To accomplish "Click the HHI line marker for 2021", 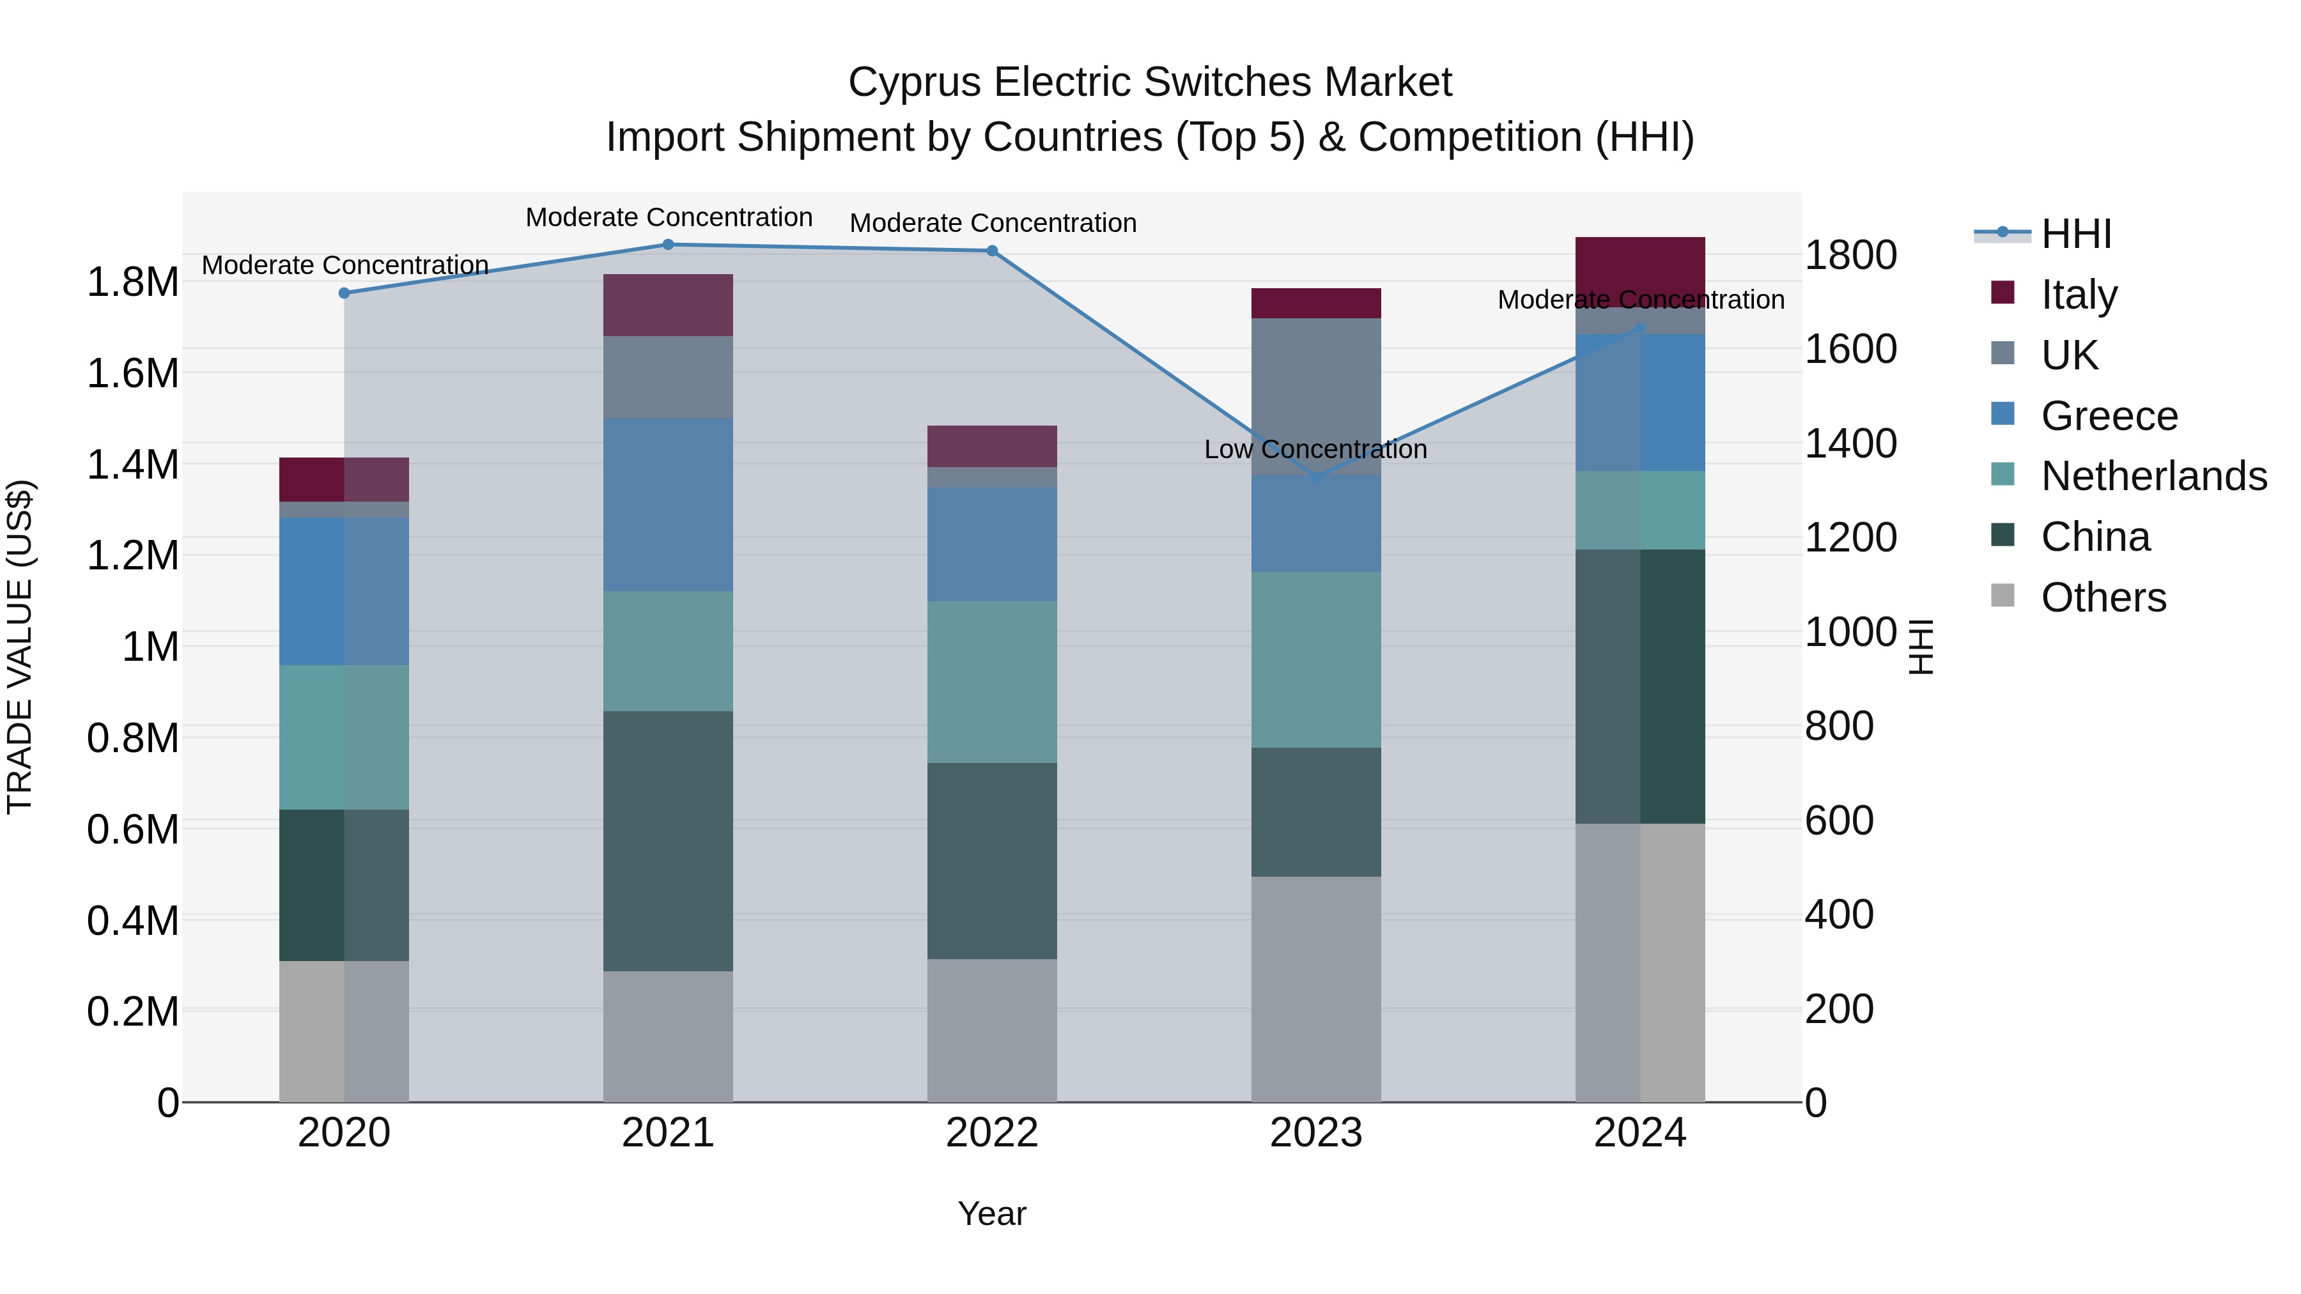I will (668, 245).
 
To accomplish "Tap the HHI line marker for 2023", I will (1316, 478).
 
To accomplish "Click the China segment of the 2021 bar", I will (668, 841).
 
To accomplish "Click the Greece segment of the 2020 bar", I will (344, 591).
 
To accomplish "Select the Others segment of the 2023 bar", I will (1316, 989).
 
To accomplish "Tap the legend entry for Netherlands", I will (2153, 476).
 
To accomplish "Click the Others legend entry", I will (2103, 597).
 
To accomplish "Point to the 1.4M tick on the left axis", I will (132, 465).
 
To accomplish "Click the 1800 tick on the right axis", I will (1851, 256).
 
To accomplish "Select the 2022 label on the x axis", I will (991, 1133).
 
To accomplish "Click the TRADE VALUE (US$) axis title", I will (20, 647).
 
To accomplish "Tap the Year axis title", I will (991, 1213).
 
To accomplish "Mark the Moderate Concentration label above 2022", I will (993, 223).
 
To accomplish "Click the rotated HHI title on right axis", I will (1919, 647).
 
